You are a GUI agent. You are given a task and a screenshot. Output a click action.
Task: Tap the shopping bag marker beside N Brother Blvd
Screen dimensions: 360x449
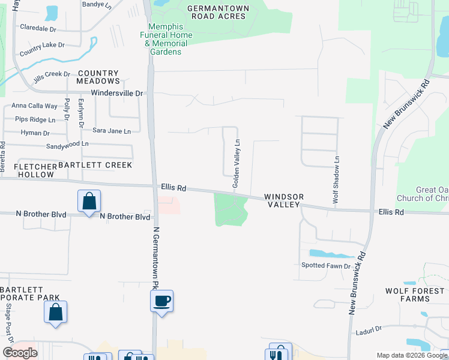click(88, 202)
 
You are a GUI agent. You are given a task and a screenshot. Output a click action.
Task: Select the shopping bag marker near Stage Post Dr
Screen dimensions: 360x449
click(55, 312)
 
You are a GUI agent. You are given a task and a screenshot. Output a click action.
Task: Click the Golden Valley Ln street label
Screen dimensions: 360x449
click(237, 164)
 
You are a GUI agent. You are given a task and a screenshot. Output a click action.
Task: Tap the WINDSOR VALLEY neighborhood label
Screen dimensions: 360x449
click(285, 200)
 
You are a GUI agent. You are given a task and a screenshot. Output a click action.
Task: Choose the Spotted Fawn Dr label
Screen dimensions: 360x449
click(325, 265)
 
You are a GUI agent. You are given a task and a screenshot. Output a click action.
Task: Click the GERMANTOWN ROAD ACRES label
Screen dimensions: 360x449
click(216, 12)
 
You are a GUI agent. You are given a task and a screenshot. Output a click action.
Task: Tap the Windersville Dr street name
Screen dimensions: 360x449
click(118, 94)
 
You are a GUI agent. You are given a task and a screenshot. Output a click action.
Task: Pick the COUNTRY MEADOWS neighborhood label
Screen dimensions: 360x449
click(98, 77)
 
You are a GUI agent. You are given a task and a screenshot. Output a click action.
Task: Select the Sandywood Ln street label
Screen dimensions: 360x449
click(67, 145)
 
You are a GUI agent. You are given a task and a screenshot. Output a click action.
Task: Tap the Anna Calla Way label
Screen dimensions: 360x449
click(38, 106)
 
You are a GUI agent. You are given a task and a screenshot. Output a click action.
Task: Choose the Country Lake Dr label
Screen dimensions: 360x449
click(42, 49)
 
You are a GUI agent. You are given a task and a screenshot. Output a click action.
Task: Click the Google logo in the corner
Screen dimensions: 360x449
click(20, 353)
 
